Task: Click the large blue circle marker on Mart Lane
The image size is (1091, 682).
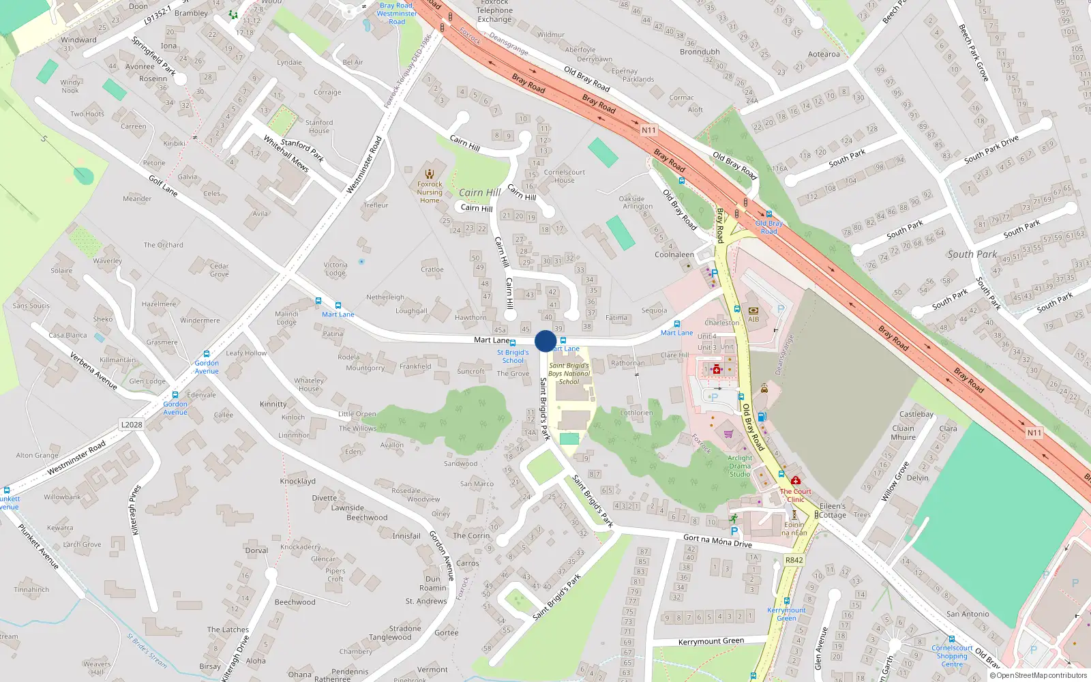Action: click(545, 341)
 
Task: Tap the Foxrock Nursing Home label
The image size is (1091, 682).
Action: click(430, 192)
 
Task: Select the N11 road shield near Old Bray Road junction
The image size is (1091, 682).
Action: click(648, 130)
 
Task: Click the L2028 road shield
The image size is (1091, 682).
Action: click(132, 424)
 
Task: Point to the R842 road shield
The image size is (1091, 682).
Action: click(794, 560)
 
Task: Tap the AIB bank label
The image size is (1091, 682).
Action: click(753, 318)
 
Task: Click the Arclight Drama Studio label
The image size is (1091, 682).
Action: click(740, 466)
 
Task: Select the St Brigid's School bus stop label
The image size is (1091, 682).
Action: click(513, 357)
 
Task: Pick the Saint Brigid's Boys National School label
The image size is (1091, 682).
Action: click(569, 373)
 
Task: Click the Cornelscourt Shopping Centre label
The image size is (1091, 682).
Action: click(952, 656)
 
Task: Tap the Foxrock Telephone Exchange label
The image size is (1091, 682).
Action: click(494, 11)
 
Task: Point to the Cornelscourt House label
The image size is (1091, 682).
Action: click(564, 176)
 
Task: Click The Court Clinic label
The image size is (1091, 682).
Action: click(796, 495)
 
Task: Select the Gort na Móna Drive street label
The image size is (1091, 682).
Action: click(717, 541)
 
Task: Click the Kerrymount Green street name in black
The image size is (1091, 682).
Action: click(711, 641)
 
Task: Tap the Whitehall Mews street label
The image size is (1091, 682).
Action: click(286, 153)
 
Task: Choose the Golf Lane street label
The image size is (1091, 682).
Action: click(163, 186)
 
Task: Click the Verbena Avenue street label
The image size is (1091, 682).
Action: click(93, 370)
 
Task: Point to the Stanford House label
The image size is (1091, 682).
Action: click(319, 127)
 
